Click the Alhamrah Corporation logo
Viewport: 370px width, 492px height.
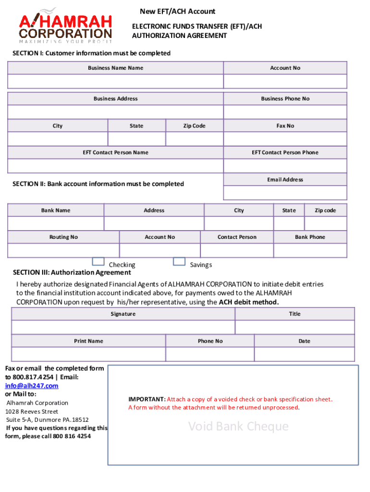(x=66, y=26)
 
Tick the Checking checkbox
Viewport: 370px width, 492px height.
(x=98, y=261)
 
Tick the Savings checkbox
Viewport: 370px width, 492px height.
(x=179, y=261)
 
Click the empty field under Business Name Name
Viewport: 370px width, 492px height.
(x=115, y=81)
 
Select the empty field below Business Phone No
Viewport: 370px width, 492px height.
(x=285, y=112)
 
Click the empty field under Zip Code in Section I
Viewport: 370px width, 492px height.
(x=194, y=139)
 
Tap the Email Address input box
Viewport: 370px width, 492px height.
(x=285, y=193)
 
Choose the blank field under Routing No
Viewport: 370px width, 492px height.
(x=63, y=250)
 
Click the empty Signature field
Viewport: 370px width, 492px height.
(x=123, y=327)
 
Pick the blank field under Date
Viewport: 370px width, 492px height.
(x=304, y=354)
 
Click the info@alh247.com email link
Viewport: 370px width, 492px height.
(x=32, y=386)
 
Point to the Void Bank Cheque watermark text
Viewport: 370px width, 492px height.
(x=238, y=426)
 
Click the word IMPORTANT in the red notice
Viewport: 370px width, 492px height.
(x=146, y=399)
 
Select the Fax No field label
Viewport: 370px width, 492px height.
(x=285, y=126)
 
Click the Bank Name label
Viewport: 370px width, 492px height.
(x=56, y=210)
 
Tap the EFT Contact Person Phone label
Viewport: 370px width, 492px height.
(x=285, y=153)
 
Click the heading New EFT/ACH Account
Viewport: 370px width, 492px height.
(x=177, y=12)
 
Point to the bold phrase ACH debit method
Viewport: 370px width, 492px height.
(x=248, y=302)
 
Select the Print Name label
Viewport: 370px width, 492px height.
(x=88, y=341)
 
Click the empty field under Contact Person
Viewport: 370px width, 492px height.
(x=237, y=250)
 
